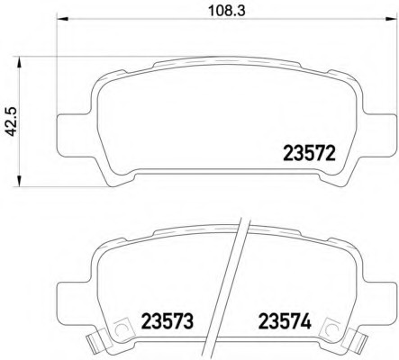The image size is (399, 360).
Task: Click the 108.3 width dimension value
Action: (227, 11)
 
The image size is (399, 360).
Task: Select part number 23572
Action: (309, 153)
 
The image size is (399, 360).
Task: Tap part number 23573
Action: (168, 320)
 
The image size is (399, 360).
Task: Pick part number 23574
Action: (285, 320)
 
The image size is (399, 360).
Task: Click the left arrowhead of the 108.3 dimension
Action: (63, 19)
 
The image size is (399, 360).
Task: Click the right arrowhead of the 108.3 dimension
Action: (389, 19)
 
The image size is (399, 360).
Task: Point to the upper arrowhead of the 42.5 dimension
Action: (19, 63)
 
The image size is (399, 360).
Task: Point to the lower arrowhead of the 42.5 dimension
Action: (19, 181)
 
